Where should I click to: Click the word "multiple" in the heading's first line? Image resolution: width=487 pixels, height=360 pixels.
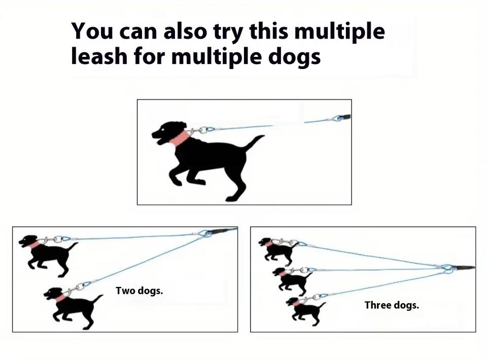click(x=339, y=31)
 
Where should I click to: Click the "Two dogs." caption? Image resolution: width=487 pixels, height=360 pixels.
click(x=139, y=291)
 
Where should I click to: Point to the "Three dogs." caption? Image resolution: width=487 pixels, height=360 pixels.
click(x=392, y=305)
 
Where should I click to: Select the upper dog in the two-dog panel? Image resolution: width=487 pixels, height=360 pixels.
click(x=48, y=255)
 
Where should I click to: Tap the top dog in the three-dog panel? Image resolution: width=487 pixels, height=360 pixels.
click(x=277, y=251)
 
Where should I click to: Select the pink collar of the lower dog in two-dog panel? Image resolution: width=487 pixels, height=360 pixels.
click(x=61, y=299)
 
